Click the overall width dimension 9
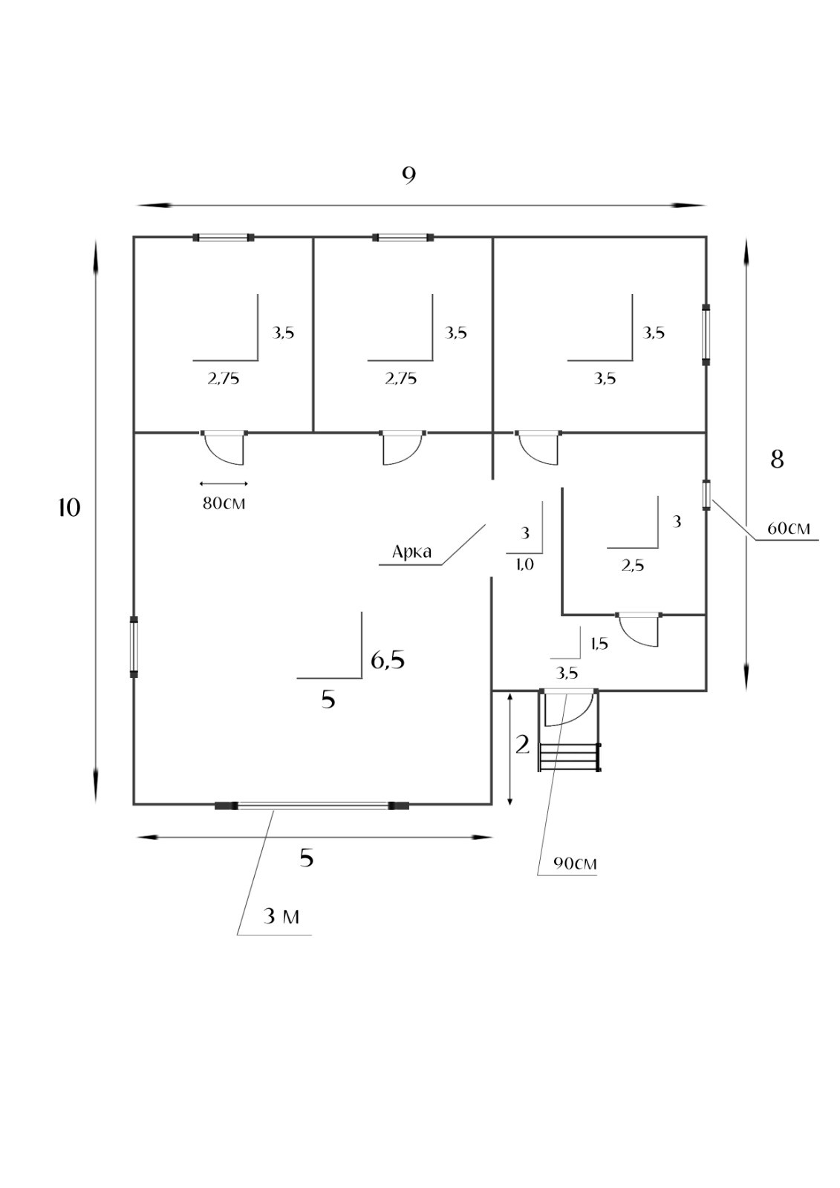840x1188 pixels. click(x=408, y=176)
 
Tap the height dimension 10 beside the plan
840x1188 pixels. click(x=69, y=508)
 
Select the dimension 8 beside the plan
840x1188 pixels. click(x=777, y=460)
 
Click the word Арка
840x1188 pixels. click(x=411, y=552)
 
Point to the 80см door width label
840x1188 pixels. click(x=224, y=503)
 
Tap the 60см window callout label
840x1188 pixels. click(x=789, y=529)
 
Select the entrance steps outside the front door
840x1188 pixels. click(x=570, y=757)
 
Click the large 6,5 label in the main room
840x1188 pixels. click(x=388, y=660)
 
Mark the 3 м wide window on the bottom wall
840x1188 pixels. click(x=312, y=806)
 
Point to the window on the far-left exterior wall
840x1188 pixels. click(x=134, y=647)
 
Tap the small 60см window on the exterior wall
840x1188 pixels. click(x=706, y=495)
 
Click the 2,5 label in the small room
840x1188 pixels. click(x=633, y=566)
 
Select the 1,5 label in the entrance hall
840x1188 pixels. click(x=599, y=644)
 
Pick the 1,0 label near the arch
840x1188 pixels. click(x=524, y=565)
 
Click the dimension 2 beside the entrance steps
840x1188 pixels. click(x=523, y=745)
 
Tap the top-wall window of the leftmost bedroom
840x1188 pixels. click(x=224, y=238)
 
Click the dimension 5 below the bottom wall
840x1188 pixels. click(x=307, y=858)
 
